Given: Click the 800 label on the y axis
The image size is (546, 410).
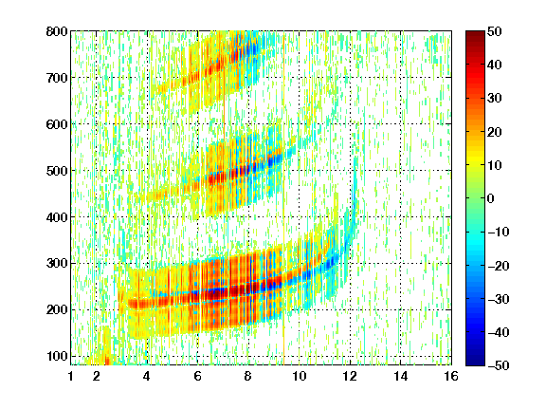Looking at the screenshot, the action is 57,31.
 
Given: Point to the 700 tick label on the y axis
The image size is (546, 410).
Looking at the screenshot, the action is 57,78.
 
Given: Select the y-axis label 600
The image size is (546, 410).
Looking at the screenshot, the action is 57,124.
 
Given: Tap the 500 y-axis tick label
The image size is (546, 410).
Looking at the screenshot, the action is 57,171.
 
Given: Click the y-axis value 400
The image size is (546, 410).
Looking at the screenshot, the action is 57,217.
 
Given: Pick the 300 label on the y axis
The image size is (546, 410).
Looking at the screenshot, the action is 57,264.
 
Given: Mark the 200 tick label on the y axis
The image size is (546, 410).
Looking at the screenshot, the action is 57,310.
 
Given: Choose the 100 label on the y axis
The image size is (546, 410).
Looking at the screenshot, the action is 57,356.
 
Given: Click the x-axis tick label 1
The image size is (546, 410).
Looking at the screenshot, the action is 71,376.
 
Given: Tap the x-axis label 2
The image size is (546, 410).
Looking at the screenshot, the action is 96,376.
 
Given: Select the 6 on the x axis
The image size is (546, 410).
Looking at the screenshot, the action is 197,376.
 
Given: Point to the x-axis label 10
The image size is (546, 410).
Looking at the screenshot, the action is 299,376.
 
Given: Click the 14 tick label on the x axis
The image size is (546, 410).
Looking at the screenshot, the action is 400,376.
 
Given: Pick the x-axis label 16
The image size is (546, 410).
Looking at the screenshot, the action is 451,376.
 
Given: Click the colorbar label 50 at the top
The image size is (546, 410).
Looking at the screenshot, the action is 494,31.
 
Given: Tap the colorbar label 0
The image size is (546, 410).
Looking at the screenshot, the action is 491,198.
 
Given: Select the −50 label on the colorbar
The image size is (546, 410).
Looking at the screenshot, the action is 498,365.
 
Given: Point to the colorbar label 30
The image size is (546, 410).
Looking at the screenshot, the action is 494,99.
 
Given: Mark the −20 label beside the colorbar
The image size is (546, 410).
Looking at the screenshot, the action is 498,266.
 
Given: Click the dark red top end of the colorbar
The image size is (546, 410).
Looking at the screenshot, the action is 475,33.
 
